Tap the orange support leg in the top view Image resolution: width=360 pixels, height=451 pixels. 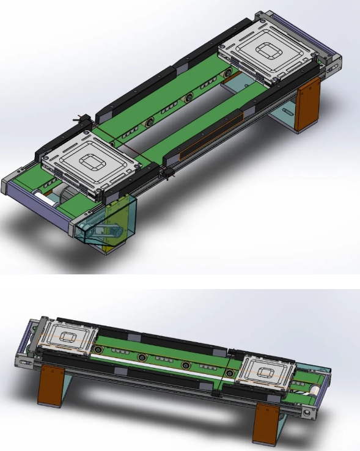[x=307, y=105]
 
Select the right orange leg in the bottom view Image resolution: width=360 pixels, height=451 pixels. [x=265, y=422]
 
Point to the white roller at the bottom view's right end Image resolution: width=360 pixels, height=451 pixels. [x=312, y=387]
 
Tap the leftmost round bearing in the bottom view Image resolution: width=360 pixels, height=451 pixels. [x=98, y=349]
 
